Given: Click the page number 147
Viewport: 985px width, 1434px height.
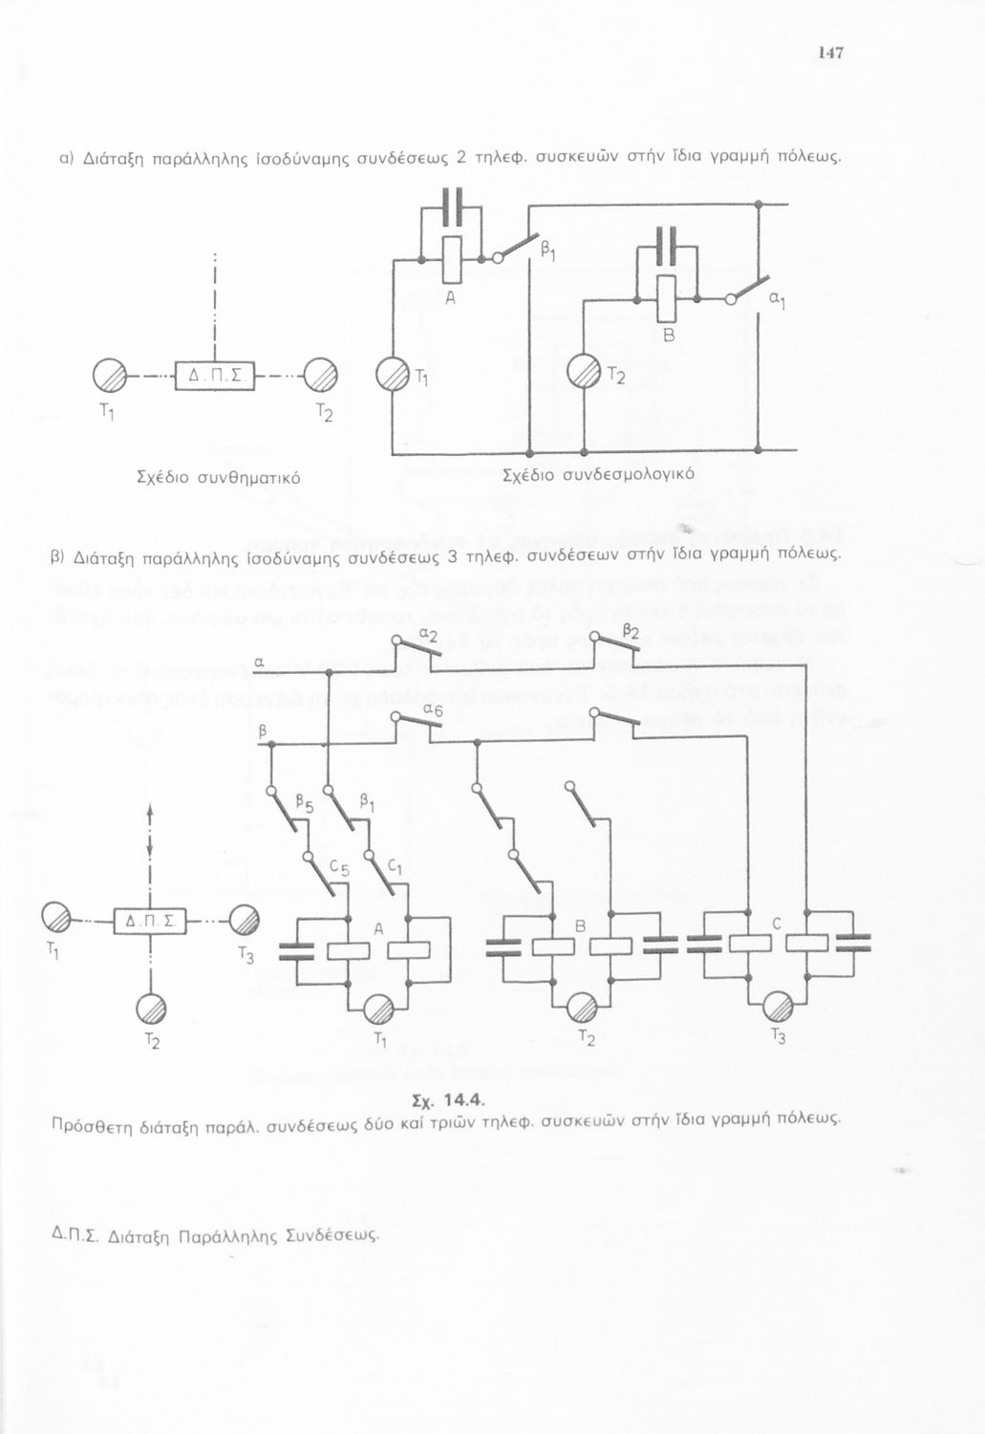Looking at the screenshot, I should click(830, 54).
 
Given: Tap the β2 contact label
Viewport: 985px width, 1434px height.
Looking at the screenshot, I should click(630, 632).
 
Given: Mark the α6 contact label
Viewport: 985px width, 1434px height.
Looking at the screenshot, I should click(433, 709).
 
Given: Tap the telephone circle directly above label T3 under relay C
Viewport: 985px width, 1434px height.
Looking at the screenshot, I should click(778, 1008).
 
